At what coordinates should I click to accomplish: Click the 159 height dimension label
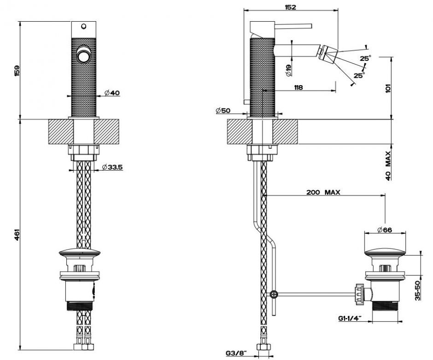[x=17, y=71]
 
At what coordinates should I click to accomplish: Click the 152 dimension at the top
[x=290, y=7]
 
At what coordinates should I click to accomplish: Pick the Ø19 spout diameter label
[x=288, y=70]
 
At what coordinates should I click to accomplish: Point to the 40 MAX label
[x=388, y=165]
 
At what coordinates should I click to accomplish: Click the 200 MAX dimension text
[x=323, y=192]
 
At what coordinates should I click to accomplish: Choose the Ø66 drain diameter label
[x=384, y=230]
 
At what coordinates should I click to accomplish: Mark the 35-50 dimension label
[x=417, y=290]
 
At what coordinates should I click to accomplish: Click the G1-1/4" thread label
[x=348, y=318]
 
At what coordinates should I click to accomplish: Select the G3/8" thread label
[x=236, y=353]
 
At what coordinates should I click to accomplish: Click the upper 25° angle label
[x=365, y=58]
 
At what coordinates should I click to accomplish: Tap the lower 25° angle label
[x=359, y=75]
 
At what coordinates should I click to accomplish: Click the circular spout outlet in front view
[x=84, y=56]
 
